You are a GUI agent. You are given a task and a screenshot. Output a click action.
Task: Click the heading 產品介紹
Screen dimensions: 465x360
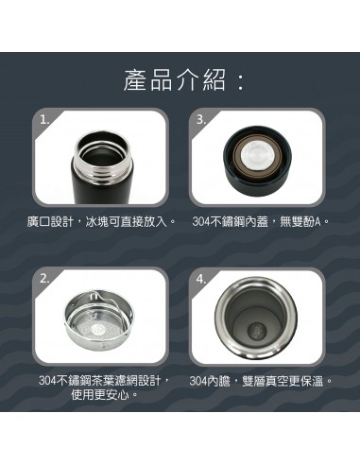pos(172,80)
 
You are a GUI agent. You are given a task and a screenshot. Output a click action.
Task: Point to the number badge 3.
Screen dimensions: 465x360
pos(200,119)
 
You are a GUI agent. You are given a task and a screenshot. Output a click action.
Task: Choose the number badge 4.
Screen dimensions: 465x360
pos(200,279)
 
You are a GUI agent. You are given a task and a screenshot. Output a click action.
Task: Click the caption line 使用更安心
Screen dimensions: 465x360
pos(103,394)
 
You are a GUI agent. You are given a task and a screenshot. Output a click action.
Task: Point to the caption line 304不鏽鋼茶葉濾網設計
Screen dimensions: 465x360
pos(104,381)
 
